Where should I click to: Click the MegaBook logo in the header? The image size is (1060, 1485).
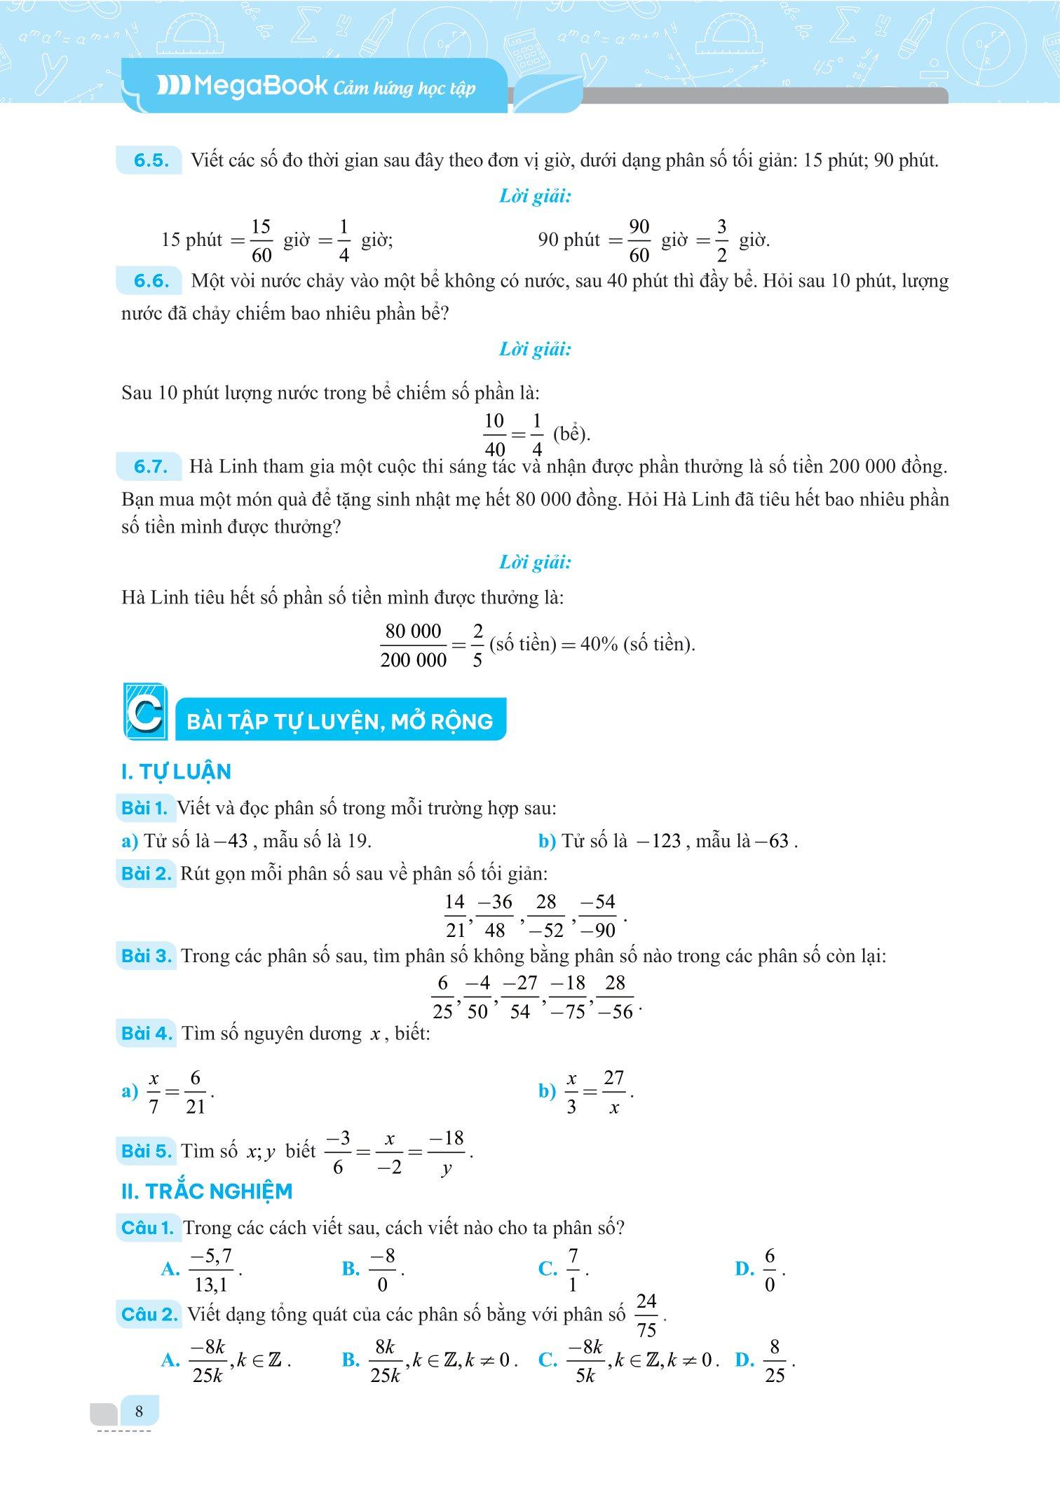click(242, 86)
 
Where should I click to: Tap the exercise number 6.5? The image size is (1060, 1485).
click(151, 160)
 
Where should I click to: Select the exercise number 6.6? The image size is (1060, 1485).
click(151, 282)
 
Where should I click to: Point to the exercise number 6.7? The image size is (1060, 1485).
click(151, 467)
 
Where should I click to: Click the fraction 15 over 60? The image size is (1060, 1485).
click(261, 240)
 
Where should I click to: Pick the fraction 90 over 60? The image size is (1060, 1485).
click(639, 240)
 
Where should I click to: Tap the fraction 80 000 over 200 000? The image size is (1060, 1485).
click(413, 645)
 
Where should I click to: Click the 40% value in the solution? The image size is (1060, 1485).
click(599, 644)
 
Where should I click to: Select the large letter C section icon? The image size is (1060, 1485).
click(145, 711)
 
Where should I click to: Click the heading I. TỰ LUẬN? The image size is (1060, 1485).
click(176, 772)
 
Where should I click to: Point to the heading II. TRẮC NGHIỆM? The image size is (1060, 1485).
click(207, 1191)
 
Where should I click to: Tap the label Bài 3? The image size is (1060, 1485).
click(146, 956)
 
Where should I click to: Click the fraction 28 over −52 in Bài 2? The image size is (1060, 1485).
click(546, 916)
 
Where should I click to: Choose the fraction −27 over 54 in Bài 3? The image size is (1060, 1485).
click(520, 997)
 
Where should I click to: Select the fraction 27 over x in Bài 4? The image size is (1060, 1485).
click(613, 1092)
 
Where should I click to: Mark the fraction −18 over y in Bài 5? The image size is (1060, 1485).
click(447, 1152)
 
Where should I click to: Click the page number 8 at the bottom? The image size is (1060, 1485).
click(139, 1411)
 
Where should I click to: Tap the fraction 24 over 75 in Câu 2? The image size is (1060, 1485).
click(646, 1315)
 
